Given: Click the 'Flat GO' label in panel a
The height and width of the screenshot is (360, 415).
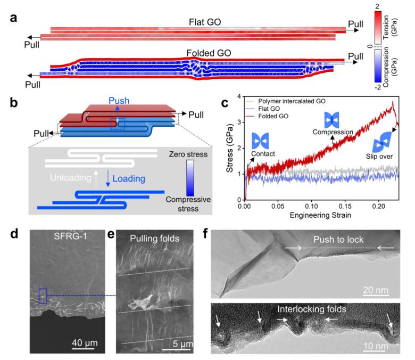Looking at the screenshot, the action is tap(205, 22).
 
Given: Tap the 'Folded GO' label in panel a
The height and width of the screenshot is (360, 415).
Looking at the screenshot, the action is tap(209, 53).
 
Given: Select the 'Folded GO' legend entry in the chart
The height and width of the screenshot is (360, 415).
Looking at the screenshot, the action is tap(273, 116).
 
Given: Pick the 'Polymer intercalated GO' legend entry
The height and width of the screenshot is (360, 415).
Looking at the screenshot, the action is tap(292, 101).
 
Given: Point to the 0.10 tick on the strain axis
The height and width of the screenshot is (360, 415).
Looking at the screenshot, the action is tap(311, 206).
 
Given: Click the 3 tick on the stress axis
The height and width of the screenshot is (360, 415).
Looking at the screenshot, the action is tap(239, 122).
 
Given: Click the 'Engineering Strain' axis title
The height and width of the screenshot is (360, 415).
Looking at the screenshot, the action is tap(320, 215).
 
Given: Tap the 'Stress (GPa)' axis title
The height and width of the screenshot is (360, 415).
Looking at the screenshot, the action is tap(230, 148).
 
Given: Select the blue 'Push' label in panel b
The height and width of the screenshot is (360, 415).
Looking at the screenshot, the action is tap(119, 101).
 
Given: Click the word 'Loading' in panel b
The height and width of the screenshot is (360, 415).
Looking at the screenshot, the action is tap(129, 178).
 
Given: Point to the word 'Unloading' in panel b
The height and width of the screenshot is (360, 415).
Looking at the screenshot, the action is tap(71, 177).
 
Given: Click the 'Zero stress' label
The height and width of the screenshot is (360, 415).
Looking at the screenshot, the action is tap(188, 154).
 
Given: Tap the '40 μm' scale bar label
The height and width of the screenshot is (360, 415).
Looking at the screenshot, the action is tap(85, 343).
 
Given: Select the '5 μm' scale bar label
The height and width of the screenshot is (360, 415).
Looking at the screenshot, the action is tap(183, 343).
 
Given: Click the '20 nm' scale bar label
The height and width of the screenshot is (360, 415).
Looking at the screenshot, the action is tap(376, 290).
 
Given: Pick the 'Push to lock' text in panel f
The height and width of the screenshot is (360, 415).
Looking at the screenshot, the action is tap(338, 240).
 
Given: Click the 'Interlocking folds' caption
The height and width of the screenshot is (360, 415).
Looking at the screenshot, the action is tap(312, 309).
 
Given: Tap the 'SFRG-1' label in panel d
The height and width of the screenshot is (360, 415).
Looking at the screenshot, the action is tap(70, 236).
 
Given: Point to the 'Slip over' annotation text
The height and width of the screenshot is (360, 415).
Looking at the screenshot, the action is tap(379, 156).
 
